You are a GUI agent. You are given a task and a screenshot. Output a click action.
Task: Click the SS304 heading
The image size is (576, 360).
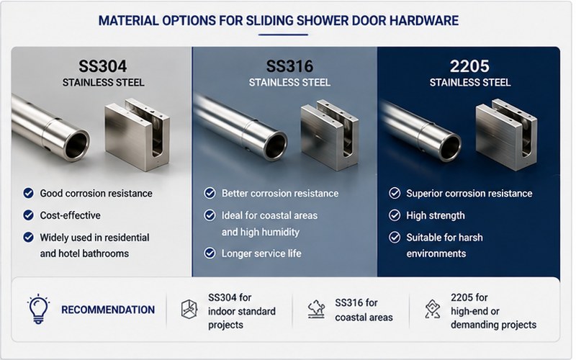pos(102,66)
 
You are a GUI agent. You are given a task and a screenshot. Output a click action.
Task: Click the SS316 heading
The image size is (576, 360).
pos(289,66)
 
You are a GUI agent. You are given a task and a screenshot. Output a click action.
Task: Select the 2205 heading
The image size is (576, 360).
pos(469,66)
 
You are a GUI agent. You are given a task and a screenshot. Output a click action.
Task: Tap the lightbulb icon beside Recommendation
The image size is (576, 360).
pos(38,309)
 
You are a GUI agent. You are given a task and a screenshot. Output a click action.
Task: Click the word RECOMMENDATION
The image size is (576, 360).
pos(108,310)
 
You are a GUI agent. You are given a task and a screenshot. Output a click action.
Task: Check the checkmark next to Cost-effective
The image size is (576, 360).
pos(28,215)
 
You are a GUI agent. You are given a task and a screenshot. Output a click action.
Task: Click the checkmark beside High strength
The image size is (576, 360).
pos(395,215)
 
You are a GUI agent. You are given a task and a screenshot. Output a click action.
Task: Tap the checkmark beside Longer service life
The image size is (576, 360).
pos(210,253)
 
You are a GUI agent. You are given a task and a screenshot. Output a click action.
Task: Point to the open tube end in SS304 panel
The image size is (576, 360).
pos(77,144)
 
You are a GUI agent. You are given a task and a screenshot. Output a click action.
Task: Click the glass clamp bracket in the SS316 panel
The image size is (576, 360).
pos(330,135)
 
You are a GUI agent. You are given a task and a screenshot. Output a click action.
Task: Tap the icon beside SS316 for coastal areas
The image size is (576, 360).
pos(316,310)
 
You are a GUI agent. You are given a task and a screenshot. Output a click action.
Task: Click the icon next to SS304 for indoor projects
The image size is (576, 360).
pos(189,310)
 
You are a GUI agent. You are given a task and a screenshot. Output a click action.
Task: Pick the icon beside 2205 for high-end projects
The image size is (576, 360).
pos(433,309)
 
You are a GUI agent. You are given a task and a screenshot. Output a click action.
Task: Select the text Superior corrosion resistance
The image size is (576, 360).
pos(469,194)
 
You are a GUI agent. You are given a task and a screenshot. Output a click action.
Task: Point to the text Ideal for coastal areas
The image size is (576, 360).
pos(269,215)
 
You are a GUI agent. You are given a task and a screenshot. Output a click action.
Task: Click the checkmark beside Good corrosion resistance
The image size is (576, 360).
pos(28,193)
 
